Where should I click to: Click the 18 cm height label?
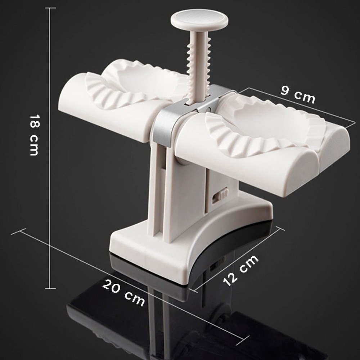34,135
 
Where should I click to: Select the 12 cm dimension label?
241,270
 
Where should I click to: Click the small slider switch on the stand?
220,195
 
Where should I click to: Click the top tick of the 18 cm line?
50,8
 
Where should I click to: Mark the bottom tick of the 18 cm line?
50,288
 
